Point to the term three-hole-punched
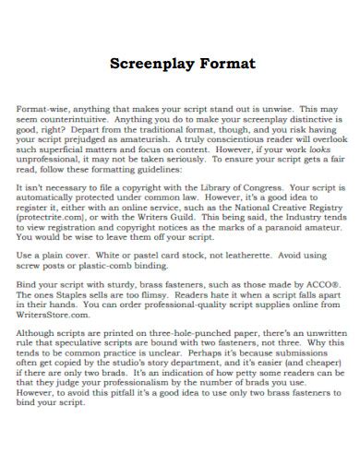(x=188, y=334)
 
